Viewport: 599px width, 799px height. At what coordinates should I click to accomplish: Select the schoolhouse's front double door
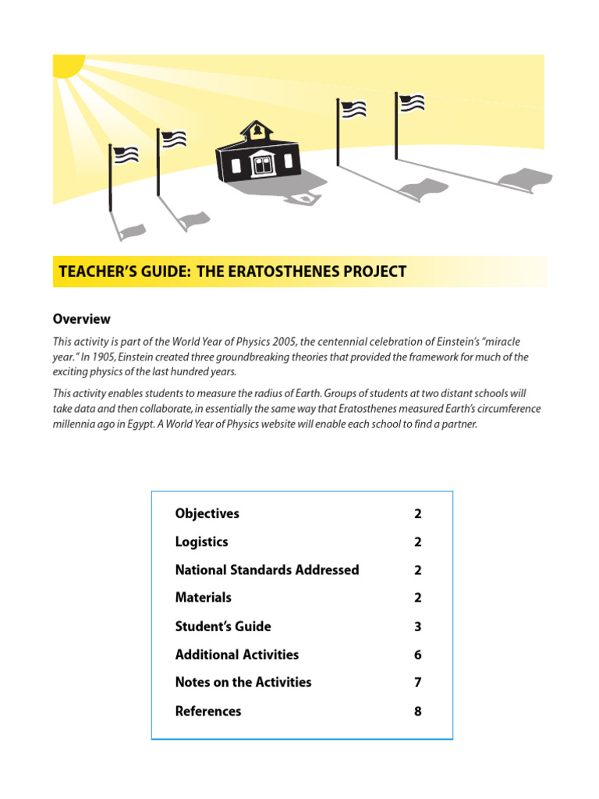pyautogui.click(x=261, y=165)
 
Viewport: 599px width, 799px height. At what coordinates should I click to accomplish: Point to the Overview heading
pyautogui.click(x=81, y=319)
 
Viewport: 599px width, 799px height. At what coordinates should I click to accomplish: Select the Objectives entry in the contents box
pyautogui.click(x=207, y=513)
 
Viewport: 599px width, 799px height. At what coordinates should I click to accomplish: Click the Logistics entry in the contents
pyautogui.click(x=202, y=542)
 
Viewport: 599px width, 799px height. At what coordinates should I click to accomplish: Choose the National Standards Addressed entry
pyautogui.click(x=267, y=570)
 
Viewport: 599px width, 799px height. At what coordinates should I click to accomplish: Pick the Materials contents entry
pyautogui.click(x=204, y=598)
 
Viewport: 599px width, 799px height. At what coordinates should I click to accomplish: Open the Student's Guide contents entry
pyautogui.click(x=223, y=626)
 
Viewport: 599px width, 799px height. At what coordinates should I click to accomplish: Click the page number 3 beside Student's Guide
pyautogui.click(x=418, y=627)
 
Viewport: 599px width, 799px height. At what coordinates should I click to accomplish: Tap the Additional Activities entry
pyautogui.click(x=237, y=655)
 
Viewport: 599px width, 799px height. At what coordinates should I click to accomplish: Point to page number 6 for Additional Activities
pyautogui.click(x=418, y=655)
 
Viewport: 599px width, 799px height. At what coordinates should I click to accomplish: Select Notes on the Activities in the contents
pyautogui.click(x=243, y=682)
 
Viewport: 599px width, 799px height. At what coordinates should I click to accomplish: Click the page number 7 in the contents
pyautogui.click(x=418, y=683)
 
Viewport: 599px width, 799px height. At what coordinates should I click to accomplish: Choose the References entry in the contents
pyautogui.click(x=208, y=711)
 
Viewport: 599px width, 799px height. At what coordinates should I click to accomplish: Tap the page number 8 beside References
pyautogui.click(x=418, y=711)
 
